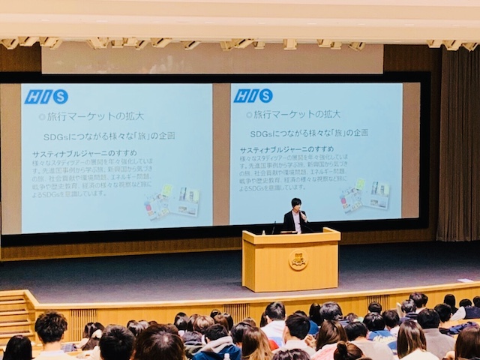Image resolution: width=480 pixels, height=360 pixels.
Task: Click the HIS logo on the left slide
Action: point(46,97)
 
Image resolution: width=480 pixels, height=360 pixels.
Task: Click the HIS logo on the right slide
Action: point(253,96)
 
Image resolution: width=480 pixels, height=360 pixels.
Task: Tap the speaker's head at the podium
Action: point(296,205)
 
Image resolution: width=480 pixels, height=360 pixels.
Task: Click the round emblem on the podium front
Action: point(298,260)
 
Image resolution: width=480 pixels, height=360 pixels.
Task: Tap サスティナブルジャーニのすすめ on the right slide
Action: point(286,149)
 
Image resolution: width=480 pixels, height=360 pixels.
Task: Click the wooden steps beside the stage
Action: point(13,315)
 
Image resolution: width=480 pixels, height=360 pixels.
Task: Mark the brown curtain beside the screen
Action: point(458,150)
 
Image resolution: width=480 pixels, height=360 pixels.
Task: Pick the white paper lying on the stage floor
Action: point(465,280)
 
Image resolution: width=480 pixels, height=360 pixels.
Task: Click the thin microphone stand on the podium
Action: point(274,226)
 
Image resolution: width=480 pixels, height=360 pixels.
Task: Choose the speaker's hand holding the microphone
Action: point(304,217)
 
